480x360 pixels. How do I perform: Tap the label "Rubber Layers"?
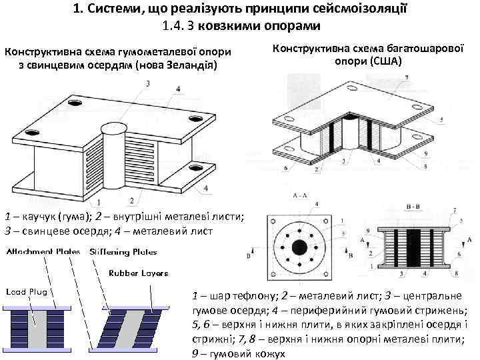point(138,273)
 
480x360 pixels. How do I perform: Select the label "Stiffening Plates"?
point(123,252)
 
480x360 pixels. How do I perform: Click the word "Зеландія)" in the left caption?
point(191,65)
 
